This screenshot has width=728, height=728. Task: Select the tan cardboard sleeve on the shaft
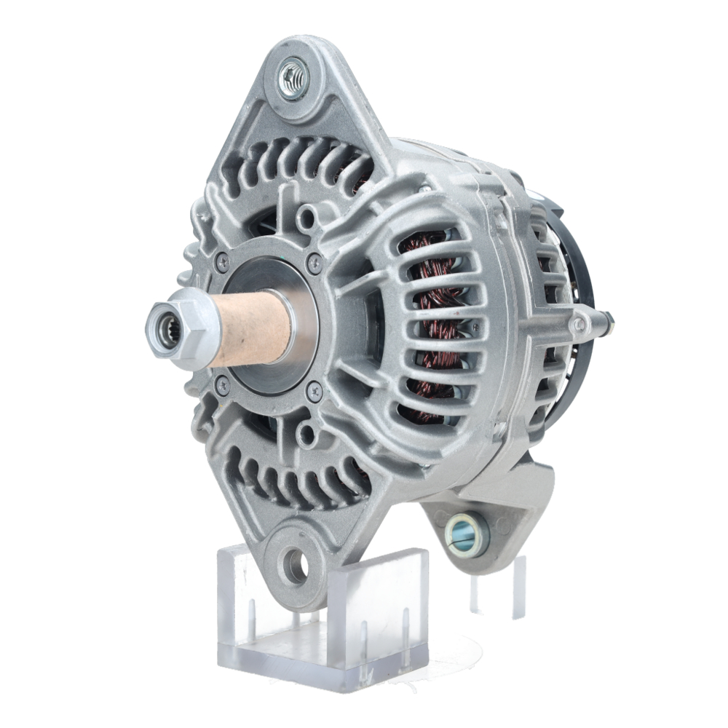point(251,328)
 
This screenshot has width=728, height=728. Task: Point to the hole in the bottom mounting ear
point(296,565)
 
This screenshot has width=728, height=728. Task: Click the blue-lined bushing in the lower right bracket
point(467,534)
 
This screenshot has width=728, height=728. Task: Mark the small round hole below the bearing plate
point(306,435)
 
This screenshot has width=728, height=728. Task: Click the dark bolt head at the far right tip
point(606,317)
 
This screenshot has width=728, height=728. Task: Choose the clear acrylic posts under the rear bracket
point(502,582)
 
